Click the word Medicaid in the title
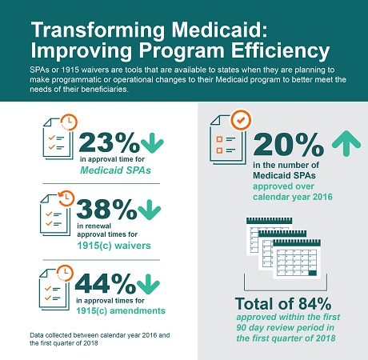pyautogui.click(x=219, y=30)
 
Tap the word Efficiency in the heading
pyautogui.click(x=280, y=50)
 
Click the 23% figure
pyautogui.click(x=109, y=142)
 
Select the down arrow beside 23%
pyautogui.click(x=152, y=143)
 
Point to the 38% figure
pyautogui.click(x=106, y=209)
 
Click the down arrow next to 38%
pyautogui.click(x=150, y=210)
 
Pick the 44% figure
pyautogui.click(x=106, y=283)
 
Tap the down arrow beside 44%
pyautogui.click(x=148, y=284)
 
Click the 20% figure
pyautogui.click(x=289, y=144)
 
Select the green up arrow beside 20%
pyautogui.click(x=346, y=143)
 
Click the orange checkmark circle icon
pyautogui.click(x=241, y=120)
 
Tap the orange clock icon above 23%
pyautogui.click(x=69, y=122)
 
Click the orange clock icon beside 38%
pyautogui.click(x=66, y=198)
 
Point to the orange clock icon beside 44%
pyautogui.click(x=65, y=273)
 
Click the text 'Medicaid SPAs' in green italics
pyautogui.click(x=116, y=170)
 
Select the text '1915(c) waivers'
pyautogui.click(x=114, y=246)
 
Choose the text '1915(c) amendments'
pyautogui.click(x=121, y=310)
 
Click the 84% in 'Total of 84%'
pyautogui.click(x=314, y=303)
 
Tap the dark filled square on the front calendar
pyautogui.click(x=312, y=273)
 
